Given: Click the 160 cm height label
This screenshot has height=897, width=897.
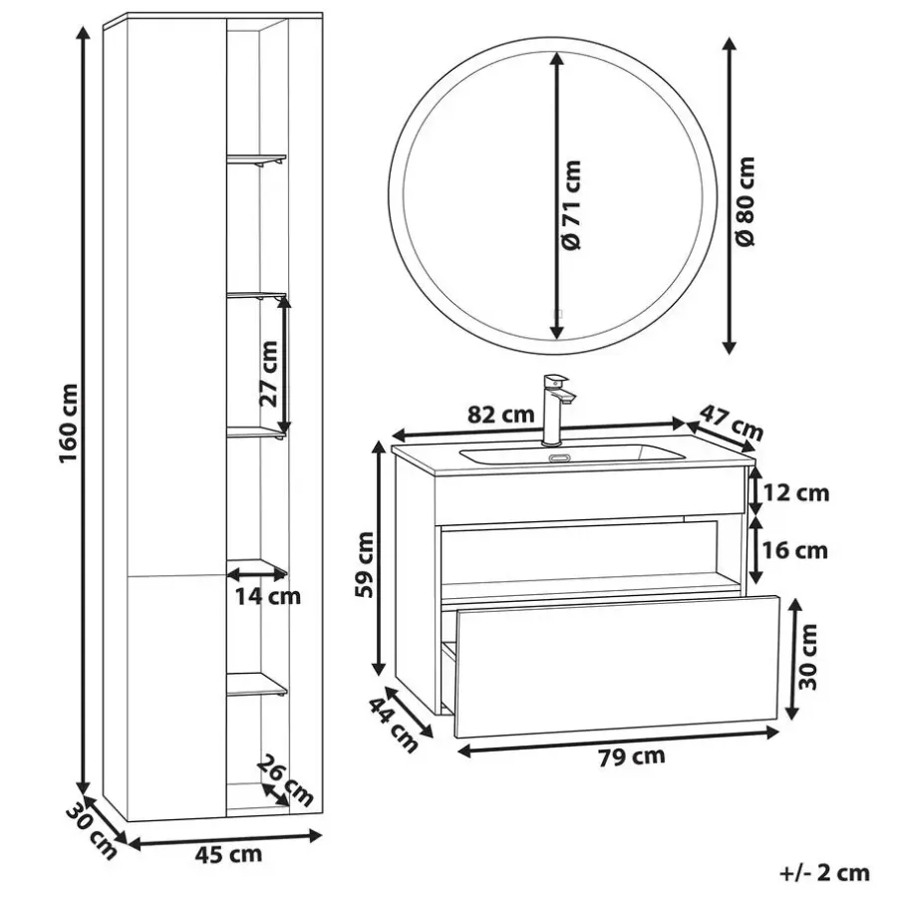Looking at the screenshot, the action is pos(70,424).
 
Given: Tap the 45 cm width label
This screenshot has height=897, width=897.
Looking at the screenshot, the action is pos(228,855).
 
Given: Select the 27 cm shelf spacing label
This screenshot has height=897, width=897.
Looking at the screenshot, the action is pos(268,374).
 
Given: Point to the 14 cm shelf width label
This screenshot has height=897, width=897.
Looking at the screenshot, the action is pos(268,596).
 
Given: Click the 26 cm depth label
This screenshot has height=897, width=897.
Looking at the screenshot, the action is pos(285,779).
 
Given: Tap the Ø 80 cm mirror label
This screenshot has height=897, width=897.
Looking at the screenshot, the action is pos(745,201).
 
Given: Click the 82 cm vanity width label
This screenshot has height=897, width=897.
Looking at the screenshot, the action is pos(501,414).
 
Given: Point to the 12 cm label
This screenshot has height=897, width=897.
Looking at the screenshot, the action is pos(796,492).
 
